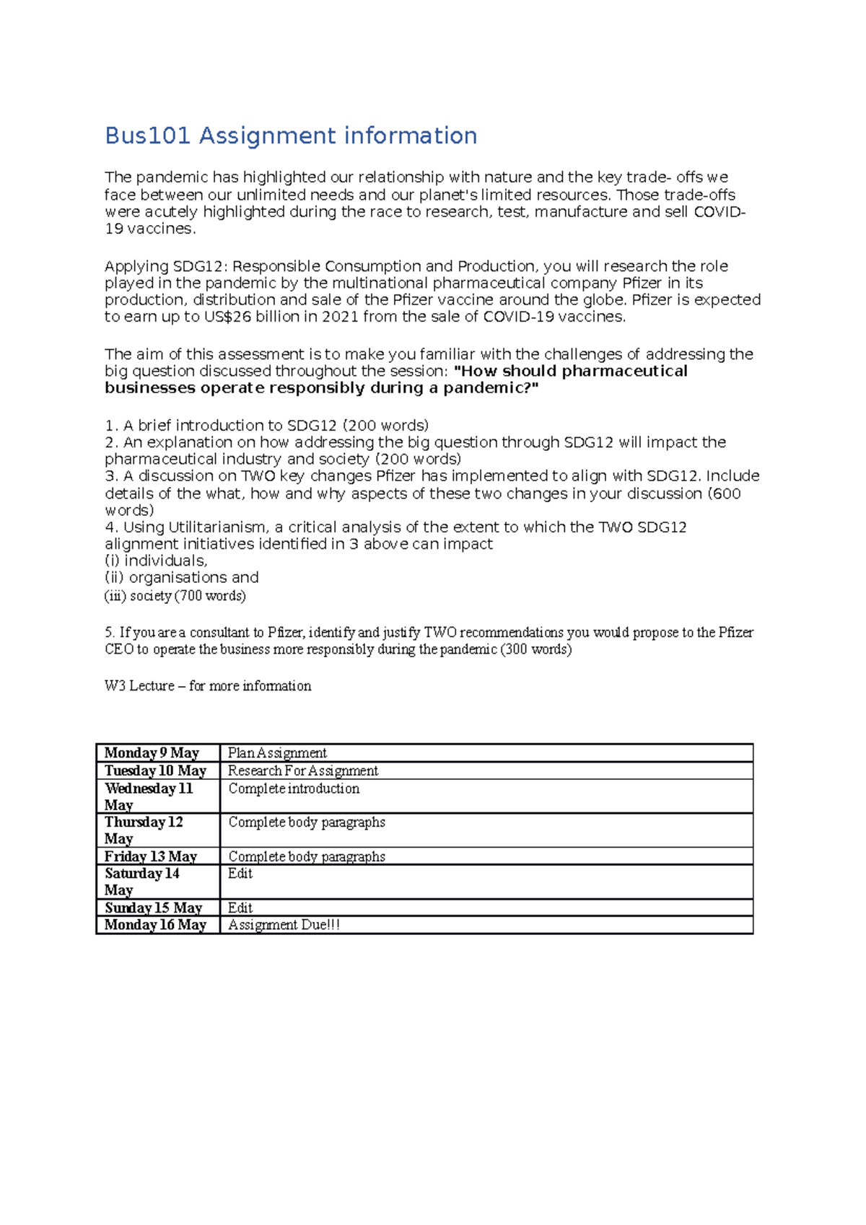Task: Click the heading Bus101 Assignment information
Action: [291, 136]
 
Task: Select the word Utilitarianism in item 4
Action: [219, 527]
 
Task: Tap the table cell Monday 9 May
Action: [152, 753]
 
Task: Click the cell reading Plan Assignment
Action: [277, 753]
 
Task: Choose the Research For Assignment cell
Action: [302, 770]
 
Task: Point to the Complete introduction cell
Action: [294, 789]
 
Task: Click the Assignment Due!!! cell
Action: [284, 925]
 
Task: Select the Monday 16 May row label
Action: [155, 925]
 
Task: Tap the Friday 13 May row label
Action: [151, 856]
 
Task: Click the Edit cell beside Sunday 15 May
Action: [240, 908]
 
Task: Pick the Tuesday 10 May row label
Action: [155, 770]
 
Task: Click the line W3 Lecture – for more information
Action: [208, 686]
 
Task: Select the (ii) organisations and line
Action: [182, 578]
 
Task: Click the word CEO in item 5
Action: [119, 649]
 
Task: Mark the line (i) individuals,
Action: [156, 561]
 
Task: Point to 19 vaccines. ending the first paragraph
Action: [150, 229]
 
